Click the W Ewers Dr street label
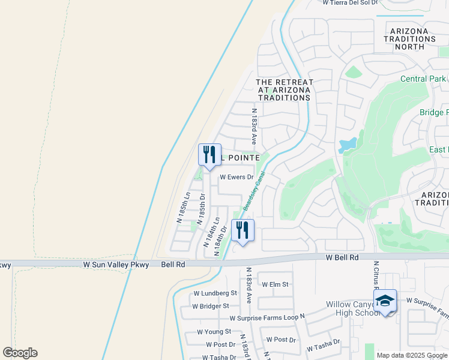click(237, 177)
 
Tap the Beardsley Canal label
click(254, 189)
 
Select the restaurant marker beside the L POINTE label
click(209, 155)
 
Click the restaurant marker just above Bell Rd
click(243, 230)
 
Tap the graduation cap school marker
click(385, 301)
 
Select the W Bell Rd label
click(342, 257)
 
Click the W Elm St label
click(274, 284)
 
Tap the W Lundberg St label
click(215, 293)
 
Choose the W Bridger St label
click(211, 305)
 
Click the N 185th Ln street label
click(183, 208)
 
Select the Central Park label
click(423, 79)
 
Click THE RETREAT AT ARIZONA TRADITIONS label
click(284, 89)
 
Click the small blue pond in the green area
click(348, 145)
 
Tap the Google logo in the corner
click(20, 353)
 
